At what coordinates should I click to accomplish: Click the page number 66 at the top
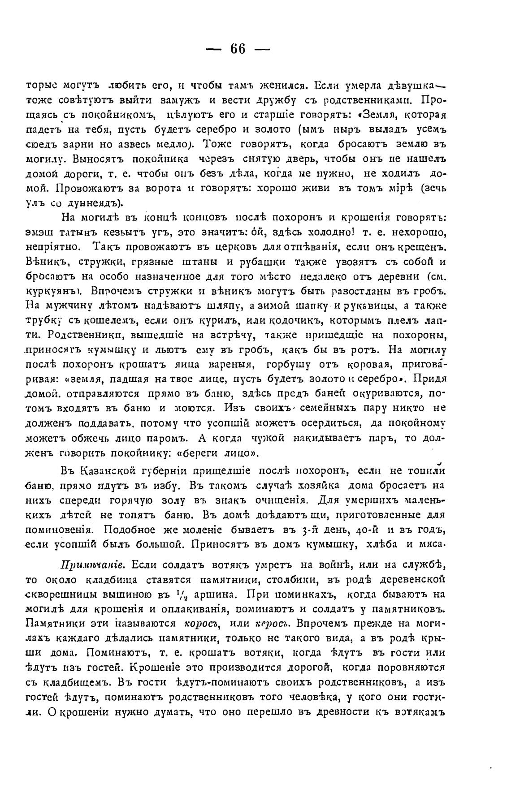point(238,49)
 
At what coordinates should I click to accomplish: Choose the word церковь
point(245,247)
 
